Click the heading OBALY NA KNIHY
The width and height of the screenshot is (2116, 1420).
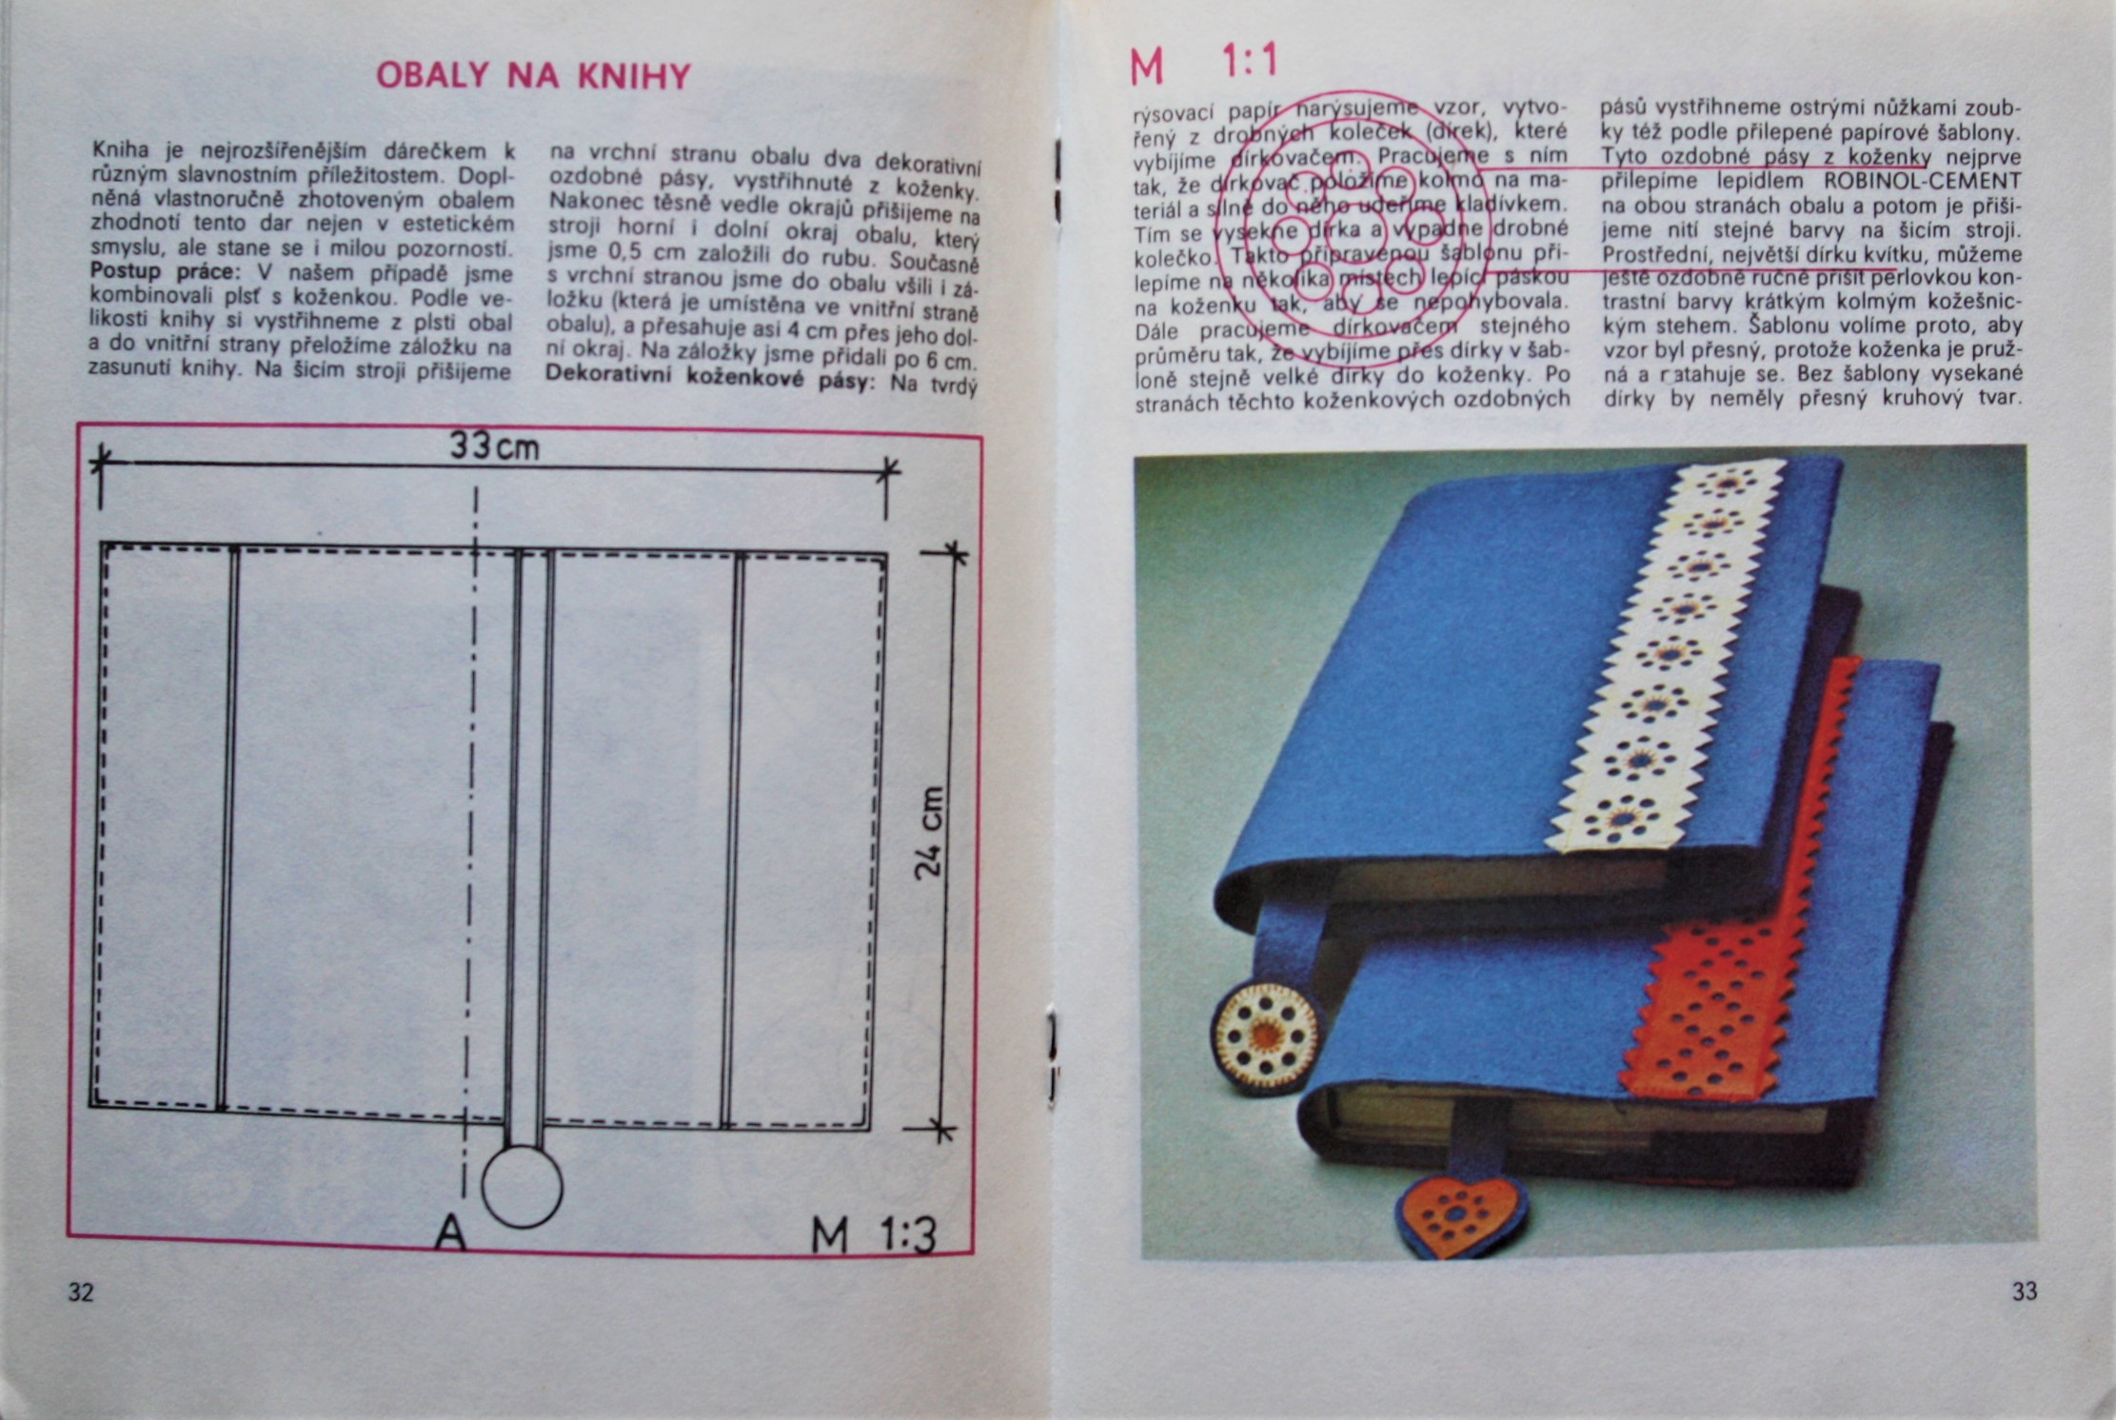[533, 76]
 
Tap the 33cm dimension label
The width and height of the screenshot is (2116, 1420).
[494, 445]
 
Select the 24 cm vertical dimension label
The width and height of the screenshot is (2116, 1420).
[929, 833]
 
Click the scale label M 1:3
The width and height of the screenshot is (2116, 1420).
[873, 1234]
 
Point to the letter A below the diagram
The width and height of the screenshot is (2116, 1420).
[450, 1234]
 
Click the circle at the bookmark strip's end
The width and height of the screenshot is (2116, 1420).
[522, 1187]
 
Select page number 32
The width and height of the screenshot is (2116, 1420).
[81, 1292]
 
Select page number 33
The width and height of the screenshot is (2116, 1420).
[2025, 1292]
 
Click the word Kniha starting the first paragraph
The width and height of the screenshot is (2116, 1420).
[121, 150]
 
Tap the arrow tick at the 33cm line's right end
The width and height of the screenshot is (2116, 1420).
[887, 467]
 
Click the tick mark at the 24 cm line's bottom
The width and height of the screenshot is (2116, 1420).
[940, 1130]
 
